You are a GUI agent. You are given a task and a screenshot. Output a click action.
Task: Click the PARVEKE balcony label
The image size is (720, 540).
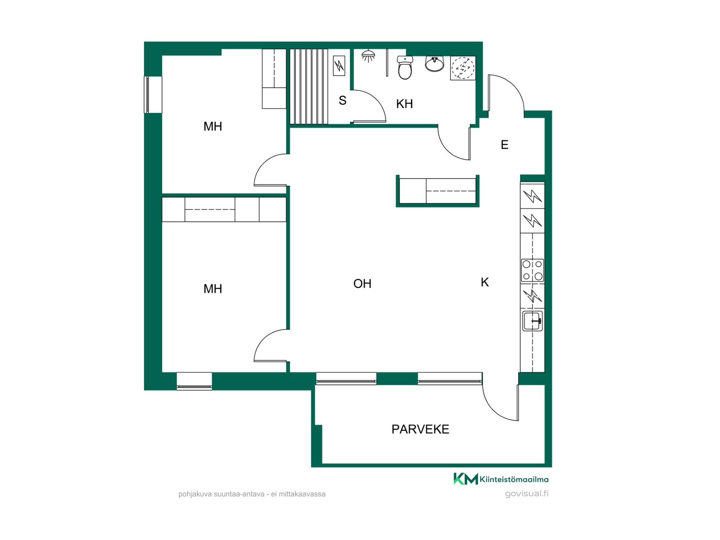[420, 429]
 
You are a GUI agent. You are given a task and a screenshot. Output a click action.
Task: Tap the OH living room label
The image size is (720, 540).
[362, 283]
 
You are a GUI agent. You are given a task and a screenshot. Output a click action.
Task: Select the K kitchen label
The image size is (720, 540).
[485, 282]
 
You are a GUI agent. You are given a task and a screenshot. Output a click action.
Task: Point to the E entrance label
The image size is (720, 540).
[504, 144]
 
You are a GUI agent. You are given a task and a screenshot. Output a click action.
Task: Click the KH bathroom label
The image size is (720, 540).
[404, 103]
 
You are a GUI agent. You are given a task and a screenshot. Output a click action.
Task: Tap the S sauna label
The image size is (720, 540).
[342, 100]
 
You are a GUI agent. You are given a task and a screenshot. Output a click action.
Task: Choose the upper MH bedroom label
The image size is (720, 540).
[213, 126]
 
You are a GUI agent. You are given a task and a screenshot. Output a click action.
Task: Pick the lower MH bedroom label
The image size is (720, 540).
[213, 288]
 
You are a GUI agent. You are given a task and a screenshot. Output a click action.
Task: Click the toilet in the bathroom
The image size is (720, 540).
[405, 67]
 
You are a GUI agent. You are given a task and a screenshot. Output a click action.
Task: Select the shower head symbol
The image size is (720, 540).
[368, 56]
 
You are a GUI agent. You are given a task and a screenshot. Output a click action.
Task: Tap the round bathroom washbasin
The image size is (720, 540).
[435, 63]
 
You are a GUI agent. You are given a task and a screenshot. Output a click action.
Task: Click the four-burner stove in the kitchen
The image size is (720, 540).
[532, 270]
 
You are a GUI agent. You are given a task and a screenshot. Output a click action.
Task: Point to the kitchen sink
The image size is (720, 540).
[532, 321]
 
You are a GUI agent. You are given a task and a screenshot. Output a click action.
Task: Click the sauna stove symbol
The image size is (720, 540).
[339, 66]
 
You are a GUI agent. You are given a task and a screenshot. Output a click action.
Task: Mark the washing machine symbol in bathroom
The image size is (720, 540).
[463, 68]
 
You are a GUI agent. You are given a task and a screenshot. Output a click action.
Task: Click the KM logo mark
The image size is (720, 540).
[465, 479]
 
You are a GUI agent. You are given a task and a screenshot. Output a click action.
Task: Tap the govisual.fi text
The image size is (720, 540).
[526, 493]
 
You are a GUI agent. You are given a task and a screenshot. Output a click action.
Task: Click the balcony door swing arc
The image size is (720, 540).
[493, 405]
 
